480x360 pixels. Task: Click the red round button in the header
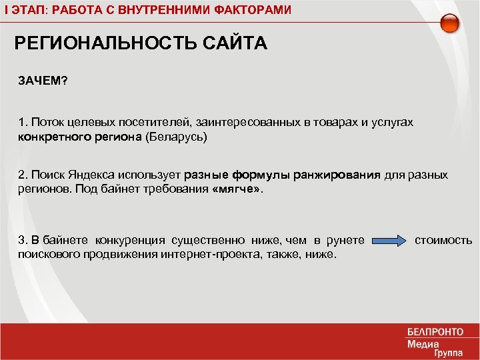coord(451,24)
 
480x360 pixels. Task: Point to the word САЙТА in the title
coord(233,44)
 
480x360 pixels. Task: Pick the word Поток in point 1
coord(45,123)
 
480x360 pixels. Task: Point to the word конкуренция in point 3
coord(131,240)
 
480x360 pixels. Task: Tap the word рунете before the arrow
coord(347,240)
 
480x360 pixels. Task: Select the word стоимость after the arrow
coord(443,240)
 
